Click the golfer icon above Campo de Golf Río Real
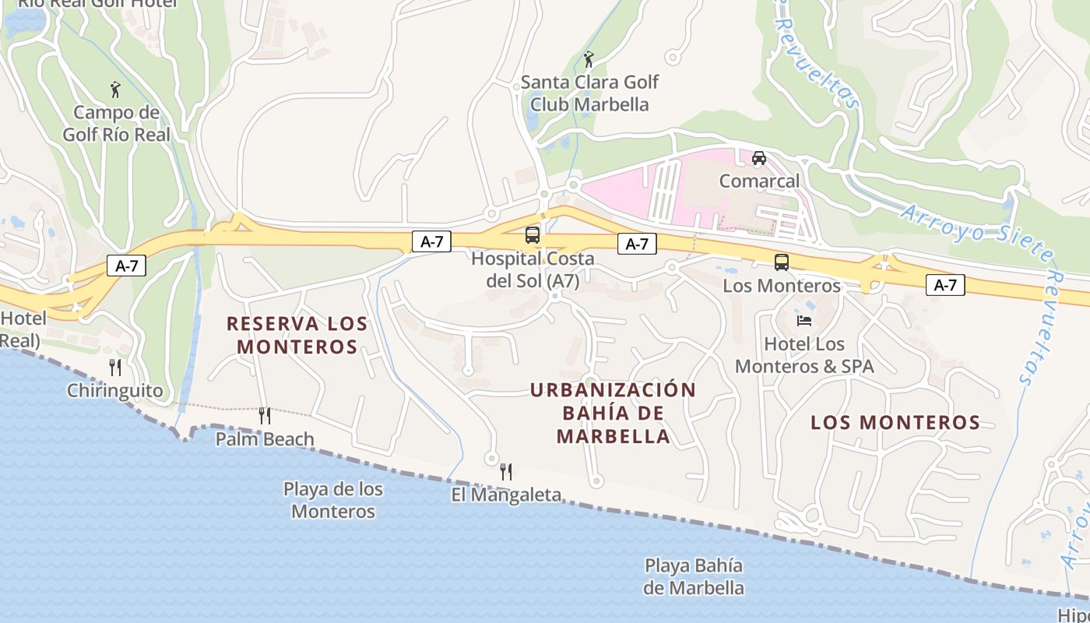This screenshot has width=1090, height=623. point(115,90)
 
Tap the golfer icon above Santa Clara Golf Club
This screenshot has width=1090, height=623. point(589,59)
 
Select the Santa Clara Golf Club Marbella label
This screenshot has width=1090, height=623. point(589,93)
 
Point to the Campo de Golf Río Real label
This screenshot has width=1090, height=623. point(116,123)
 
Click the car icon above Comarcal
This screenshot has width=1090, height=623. point(759,158)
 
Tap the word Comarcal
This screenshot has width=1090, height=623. point(759,181)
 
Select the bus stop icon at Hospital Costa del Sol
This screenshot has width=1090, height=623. point(533,234)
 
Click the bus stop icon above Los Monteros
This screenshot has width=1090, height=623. point(782,262)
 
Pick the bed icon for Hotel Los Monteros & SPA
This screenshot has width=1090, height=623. point(804,320)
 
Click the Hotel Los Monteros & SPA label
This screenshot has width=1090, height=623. point(804,355)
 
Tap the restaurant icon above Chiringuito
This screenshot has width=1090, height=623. point(115,368)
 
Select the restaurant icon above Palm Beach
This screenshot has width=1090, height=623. point(265,416)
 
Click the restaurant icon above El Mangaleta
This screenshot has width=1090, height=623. point(506,471)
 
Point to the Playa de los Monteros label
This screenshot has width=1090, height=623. point(333,500)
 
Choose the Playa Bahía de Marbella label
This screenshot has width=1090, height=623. point(693,576)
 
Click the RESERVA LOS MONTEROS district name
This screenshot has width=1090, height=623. point(297,335)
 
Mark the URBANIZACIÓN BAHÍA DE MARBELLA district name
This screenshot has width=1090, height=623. point(613,413)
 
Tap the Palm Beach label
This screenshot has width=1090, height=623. point(265,439)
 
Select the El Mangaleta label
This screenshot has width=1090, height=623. point(506,495)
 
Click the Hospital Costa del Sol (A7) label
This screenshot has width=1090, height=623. point(533,269)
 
